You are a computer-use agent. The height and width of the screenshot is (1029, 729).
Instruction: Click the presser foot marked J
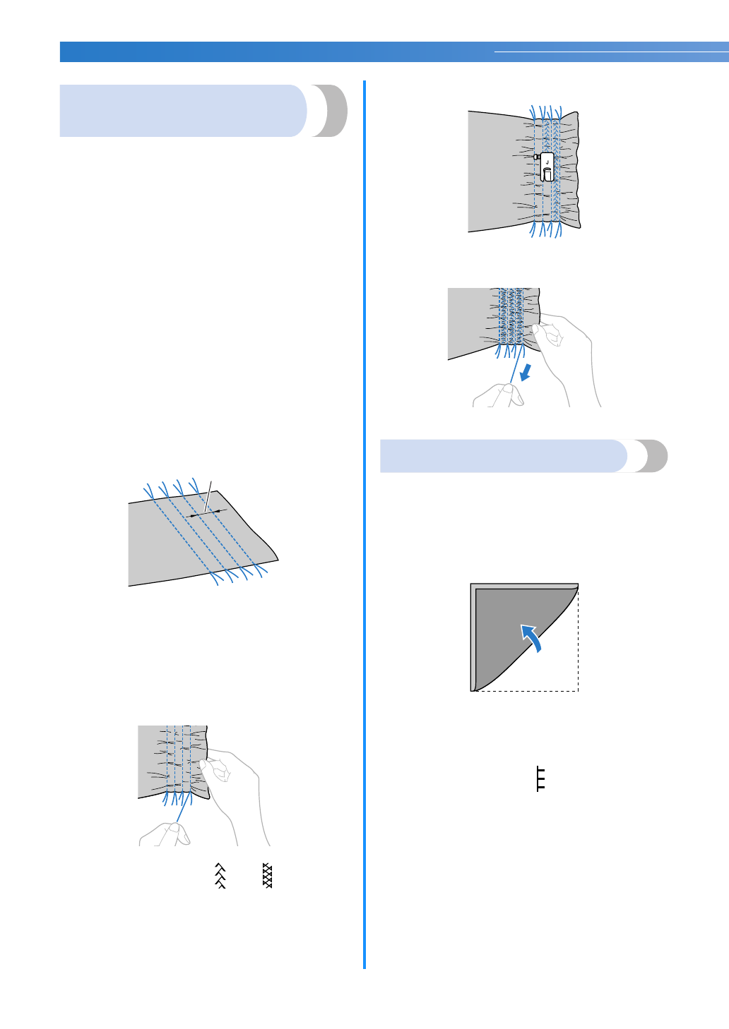click(547, 167)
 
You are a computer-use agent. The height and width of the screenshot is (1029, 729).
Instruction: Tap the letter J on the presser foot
click(547, 162)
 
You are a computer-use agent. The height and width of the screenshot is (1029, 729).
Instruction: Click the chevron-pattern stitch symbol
click(220, 875)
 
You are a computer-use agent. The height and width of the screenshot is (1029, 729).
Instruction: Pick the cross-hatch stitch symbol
click(267, 875)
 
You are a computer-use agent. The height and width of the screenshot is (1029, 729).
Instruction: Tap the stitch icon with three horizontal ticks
click(540, 778)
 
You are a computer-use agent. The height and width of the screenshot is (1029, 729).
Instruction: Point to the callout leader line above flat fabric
click(208, 495)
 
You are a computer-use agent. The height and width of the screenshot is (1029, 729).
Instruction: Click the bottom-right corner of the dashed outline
click(578, 691)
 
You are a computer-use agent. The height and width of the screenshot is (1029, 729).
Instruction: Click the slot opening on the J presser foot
click(548, 174)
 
